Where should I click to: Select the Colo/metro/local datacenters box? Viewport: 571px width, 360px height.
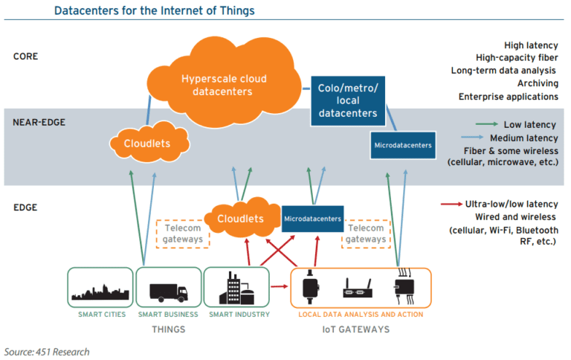pos(348,101)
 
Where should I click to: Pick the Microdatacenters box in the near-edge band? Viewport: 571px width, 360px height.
pos(401,144)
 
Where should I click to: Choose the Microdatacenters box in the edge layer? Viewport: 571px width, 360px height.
pos(312,219)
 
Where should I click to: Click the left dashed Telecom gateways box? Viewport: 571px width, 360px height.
pos(182,233)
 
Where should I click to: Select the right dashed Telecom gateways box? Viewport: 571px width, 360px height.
pos(365,233)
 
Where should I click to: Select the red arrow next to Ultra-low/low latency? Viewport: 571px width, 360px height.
pos(451,204)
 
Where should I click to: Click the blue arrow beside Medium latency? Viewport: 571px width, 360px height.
pos(474,138)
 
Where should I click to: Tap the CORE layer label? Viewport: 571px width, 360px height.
pos(26,56)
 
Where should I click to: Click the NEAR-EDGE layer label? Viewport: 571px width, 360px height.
pos(38,122)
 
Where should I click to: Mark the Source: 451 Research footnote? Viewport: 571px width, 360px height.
pos(46,350)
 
